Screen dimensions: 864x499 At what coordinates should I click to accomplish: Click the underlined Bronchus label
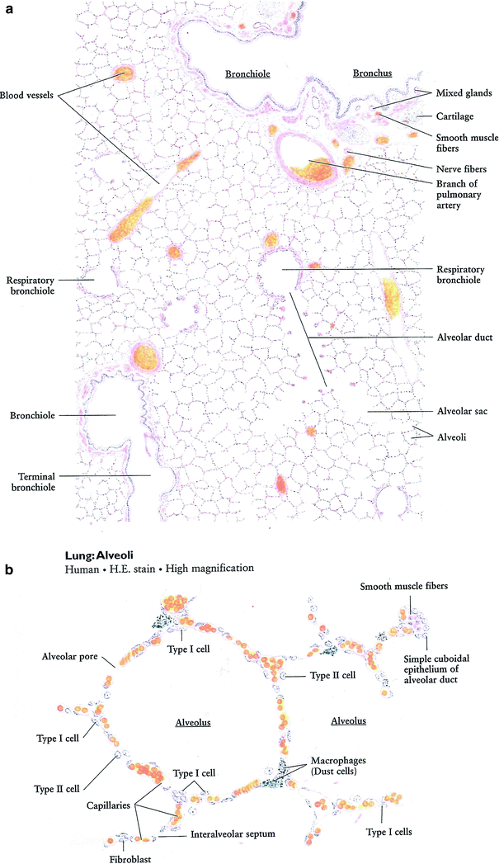372,73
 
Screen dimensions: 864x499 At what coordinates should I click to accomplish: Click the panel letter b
8,569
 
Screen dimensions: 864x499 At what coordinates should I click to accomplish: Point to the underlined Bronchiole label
247,73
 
